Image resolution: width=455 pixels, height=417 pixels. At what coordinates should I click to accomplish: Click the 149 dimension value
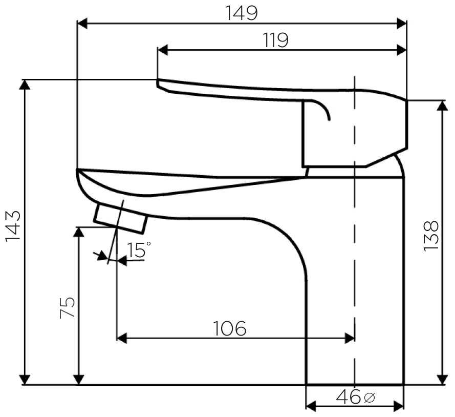tap(242, 13)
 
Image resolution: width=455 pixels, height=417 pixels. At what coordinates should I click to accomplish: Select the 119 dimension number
tap(276, 40)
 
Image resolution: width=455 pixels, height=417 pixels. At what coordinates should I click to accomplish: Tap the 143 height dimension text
tap(13, 225)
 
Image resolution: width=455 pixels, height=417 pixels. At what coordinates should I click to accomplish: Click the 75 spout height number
tap(68, 307)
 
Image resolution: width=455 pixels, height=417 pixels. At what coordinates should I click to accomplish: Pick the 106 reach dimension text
tap(229, 328)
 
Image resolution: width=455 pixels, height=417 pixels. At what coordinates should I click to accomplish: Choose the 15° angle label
tap(139, 250)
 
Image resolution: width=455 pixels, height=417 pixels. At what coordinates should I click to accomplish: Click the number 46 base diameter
tap(349, 397)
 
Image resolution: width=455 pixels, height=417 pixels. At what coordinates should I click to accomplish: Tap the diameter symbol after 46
tap(369, 397)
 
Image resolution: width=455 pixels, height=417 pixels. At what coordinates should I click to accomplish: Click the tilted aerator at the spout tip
tap(120, 218)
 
